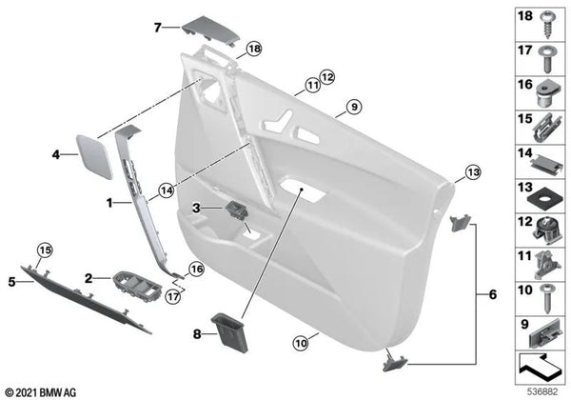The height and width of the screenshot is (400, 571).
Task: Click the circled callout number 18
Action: (254, 49)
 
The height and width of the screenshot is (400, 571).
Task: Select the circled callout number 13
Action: (473, 171)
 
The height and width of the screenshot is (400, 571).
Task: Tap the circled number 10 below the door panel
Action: (301, 343)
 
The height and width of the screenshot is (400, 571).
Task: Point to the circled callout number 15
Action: (45, 250)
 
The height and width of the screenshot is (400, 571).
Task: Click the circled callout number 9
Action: (354, 107)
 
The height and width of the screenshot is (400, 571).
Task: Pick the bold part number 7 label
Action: (157, 28)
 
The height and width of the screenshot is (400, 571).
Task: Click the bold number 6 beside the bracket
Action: (492, 294)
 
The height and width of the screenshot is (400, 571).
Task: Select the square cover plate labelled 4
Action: (94, 156)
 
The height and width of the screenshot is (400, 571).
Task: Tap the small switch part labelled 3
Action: (237, 210)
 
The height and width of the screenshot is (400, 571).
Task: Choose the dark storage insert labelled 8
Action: (230, 332)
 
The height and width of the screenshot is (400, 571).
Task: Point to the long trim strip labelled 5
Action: (85, 299)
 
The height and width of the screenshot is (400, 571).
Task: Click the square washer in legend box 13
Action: (544, 198)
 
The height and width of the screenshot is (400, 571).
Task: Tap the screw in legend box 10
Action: (546, 298)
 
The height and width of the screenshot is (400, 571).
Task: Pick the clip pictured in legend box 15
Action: (547, 129)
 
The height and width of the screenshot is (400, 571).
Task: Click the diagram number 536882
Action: (543, 391)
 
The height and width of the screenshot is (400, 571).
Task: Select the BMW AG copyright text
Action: (41, 392)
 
